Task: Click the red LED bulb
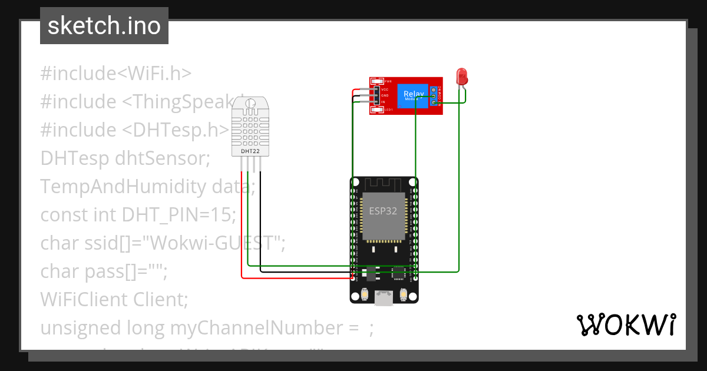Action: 462,76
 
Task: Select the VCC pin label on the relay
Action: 385,89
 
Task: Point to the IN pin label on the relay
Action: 383,102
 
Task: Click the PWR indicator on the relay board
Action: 388,81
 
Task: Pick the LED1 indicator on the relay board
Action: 388,110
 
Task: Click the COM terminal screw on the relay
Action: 434,95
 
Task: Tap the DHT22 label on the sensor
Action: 250,151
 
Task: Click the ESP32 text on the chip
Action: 383,211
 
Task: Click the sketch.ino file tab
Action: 104,26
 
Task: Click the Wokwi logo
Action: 626,324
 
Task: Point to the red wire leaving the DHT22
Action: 242,224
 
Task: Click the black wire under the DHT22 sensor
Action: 260,224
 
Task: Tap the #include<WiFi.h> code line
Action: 116,74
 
